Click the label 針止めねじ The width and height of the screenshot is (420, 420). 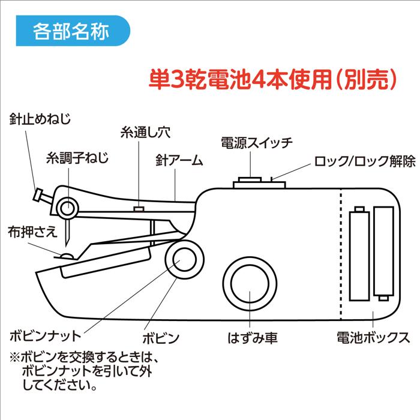tap(40, 118)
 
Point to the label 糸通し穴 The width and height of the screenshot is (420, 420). tap(144, 134)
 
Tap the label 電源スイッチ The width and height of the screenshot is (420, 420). tap(256, 143)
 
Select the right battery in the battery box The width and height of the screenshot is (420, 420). tap(383, 251)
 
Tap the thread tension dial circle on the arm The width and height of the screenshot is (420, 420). tap(67, 208)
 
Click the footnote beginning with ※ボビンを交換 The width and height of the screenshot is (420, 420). tap(84, 372)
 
